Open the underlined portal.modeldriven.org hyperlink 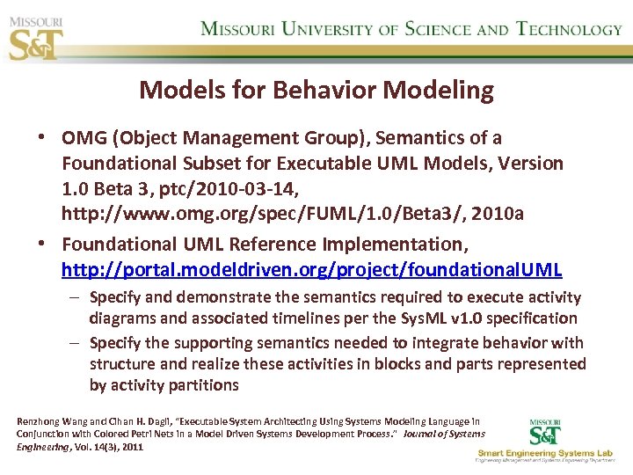(311, 269)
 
